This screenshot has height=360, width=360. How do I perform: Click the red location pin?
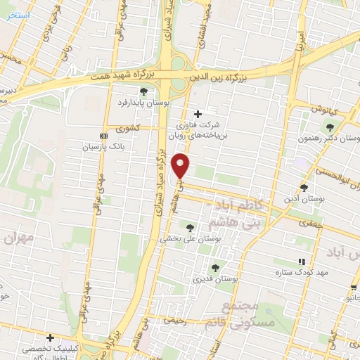(x=181, y=165)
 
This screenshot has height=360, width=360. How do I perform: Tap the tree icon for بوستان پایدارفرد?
(x=143, y=91)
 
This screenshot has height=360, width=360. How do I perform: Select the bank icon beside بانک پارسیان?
(x=103, y=136)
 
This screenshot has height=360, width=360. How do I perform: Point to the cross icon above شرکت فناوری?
(x=198, y=114)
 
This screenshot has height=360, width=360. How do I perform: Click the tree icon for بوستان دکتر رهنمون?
(x=328, y=127)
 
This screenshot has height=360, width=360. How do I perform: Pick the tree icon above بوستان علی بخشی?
(x=189, y=226)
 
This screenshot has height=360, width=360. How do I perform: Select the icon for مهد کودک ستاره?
(x=302, y=261)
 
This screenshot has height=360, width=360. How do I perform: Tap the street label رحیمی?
(x=173, y=320)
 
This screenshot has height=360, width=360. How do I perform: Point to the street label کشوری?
(x=129, y=128)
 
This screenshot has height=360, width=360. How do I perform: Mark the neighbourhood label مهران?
(x=19, y=238)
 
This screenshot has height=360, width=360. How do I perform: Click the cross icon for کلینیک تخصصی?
(x=50, y=337)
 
